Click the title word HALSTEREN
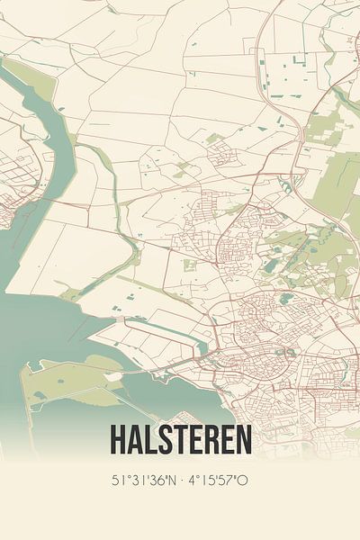point(180,439)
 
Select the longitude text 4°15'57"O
point(217,480)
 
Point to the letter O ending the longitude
point(243,480)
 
